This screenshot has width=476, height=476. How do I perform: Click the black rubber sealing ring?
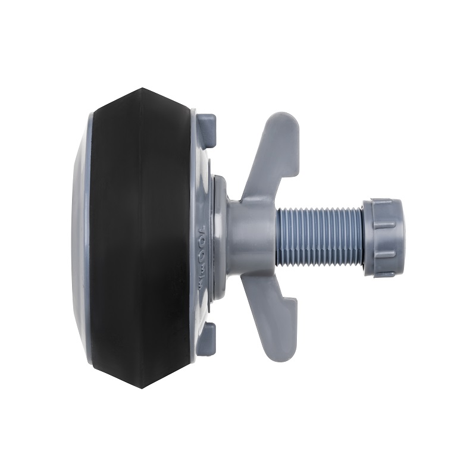pos(119,238)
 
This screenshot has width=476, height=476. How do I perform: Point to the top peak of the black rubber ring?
pos(142,90)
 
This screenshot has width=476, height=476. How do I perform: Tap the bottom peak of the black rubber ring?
pos(142,386)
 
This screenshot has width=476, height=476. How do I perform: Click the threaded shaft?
pos(318,236)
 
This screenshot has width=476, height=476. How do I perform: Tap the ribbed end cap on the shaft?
pos(382,237)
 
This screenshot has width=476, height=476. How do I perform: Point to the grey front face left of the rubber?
pos(80,238)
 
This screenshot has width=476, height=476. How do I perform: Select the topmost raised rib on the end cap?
pos(384,203)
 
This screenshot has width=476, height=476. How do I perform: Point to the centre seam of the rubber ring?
pos(142,238)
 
